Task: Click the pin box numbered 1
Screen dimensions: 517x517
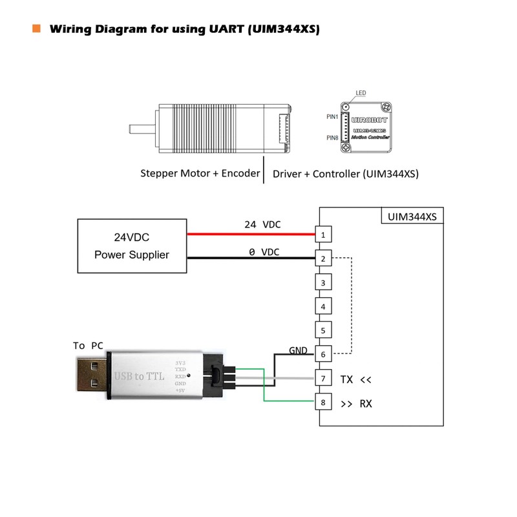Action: [322, 233]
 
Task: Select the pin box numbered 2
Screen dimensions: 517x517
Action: [322, 258]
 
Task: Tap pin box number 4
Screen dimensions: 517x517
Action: [322, 306]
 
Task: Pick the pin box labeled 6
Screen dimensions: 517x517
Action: [322, 355]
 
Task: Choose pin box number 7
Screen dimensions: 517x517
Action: [322, 379]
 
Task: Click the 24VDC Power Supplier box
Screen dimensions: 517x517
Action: [132, 246]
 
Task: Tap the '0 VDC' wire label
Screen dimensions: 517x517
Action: [264, 251]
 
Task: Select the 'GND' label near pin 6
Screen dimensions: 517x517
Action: [298, 350]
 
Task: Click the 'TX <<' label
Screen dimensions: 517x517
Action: [356, 379]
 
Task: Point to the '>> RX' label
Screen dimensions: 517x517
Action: [356, 404]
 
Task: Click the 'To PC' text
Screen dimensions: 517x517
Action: [88, 346]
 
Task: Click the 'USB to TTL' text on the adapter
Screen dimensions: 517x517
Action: [139, 375]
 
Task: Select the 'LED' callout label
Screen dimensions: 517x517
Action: [360, 93]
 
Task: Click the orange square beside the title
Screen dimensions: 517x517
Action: [36, 28]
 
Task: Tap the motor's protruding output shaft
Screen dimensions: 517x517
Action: [142, 128]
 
